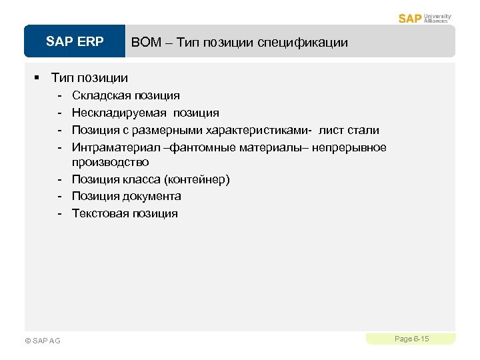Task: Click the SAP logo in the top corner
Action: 411,18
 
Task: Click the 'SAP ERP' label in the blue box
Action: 75,43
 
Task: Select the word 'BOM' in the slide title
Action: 145,43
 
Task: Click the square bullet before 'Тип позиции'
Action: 38,78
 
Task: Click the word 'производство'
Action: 110,163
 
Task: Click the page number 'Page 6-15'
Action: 411,339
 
